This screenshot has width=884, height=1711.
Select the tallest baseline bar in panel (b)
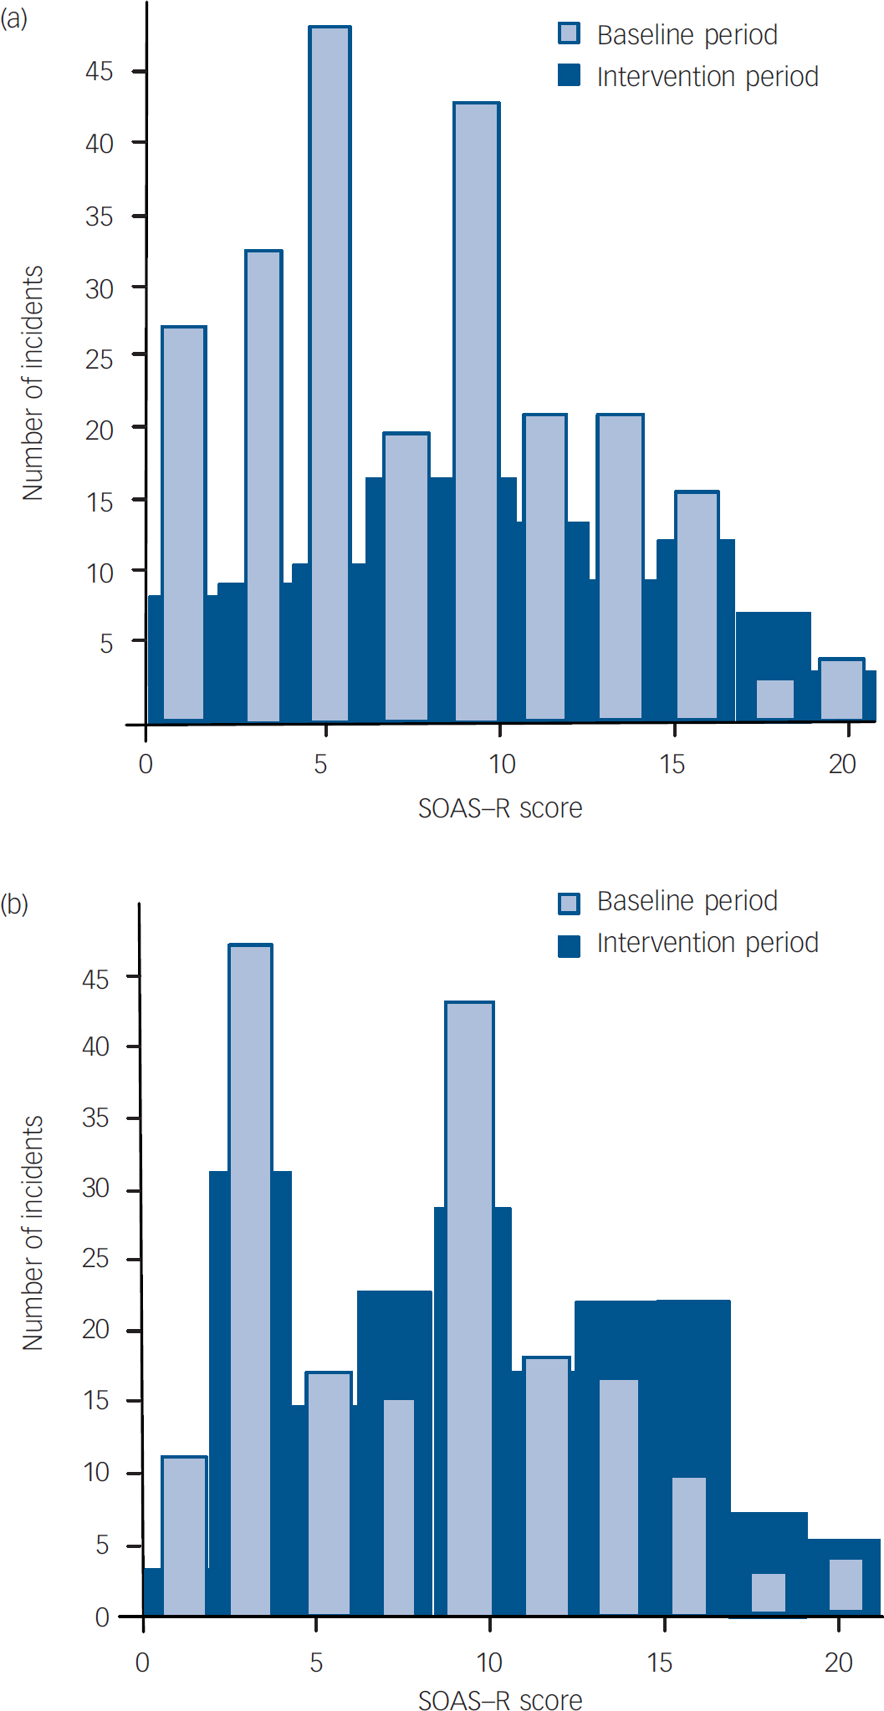(x=251, y=1279)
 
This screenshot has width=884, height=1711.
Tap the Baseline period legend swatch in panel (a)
(x=569, y=34)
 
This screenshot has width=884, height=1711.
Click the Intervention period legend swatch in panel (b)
(x=569, y=945)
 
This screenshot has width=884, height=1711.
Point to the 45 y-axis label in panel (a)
(x=99, y=72)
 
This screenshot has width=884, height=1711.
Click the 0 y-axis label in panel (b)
(x=102, y=1617)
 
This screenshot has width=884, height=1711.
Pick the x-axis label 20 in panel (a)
(x=842, y=764)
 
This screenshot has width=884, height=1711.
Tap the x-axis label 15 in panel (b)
(x=659, y=1663)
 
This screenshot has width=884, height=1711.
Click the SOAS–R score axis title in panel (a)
(x=500, y=808)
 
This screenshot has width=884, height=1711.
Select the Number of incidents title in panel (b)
(x=33, y=1233)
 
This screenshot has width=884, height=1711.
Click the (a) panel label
(x=14, y=18)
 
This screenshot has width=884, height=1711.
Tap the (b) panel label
(x=14, y=904)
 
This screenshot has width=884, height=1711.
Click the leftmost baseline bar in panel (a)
(x=184, y=522)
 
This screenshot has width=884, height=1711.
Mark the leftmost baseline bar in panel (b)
(x=184, y=1535)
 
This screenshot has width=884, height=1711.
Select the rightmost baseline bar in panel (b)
(x=846, y=1585)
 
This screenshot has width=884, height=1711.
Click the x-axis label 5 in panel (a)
(x=320, y=764)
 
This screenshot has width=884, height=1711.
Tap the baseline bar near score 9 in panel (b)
(x=469, y=1308)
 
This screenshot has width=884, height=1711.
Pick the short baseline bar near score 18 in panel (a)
(x=775, y=699)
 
